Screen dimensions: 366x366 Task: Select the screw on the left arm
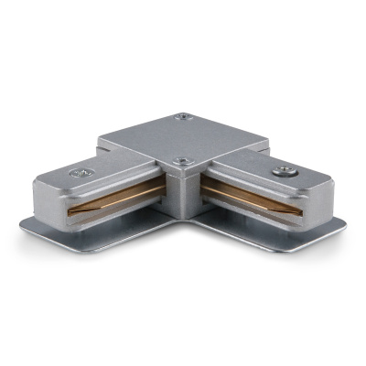[76, 171]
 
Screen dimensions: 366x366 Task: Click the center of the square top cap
[183, 139]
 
